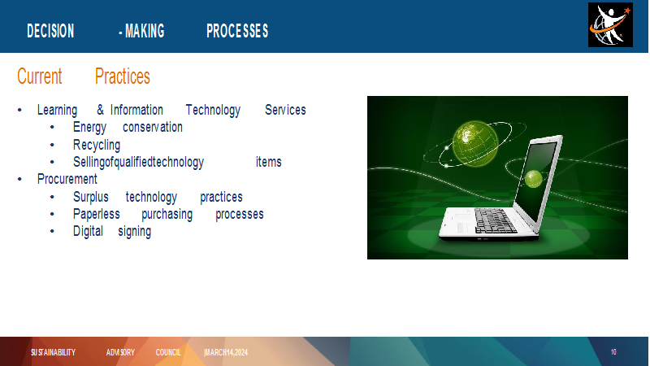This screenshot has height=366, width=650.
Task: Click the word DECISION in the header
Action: [x=50, y=31]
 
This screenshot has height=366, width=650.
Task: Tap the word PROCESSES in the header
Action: [x=237, y=31]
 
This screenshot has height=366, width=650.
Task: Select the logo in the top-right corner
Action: [x=610, y=25]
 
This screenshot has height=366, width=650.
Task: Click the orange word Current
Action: [x=39, y=76]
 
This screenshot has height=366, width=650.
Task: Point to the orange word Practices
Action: [x=123, y=76]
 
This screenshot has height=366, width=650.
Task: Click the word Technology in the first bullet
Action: [x=213, y=111]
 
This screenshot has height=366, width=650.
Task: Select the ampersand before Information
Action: [x=100, y=110]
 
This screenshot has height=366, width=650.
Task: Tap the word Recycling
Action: [x=97, y=146]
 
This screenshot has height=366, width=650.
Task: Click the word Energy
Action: [x=89, y=128]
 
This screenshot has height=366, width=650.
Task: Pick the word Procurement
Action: [x=67, y=179]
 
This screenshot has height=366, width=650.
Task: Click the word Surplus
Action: [x=91, y=197]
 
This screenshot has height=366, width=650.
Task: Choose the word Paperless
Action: [x=97, y=214]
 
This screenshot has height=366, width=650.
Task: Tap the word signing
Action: [x=135, y=232]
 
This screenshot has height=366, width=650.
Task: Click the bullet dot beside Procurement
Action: [x=19, y=179]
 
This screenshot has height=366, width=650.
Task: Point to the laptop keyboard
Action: [x=495, y=220]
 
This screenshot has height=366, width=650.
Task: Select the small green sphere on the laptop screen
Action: [x=534, y=179]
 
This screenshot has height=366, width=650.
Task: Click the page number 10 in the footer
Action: [x=613, y=352]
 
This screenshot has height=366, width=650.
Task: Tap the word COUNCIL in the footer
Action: [x=168, y=353]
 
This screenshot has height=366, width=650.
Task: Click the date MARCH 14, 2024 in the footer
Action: [x=226, y=353]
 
